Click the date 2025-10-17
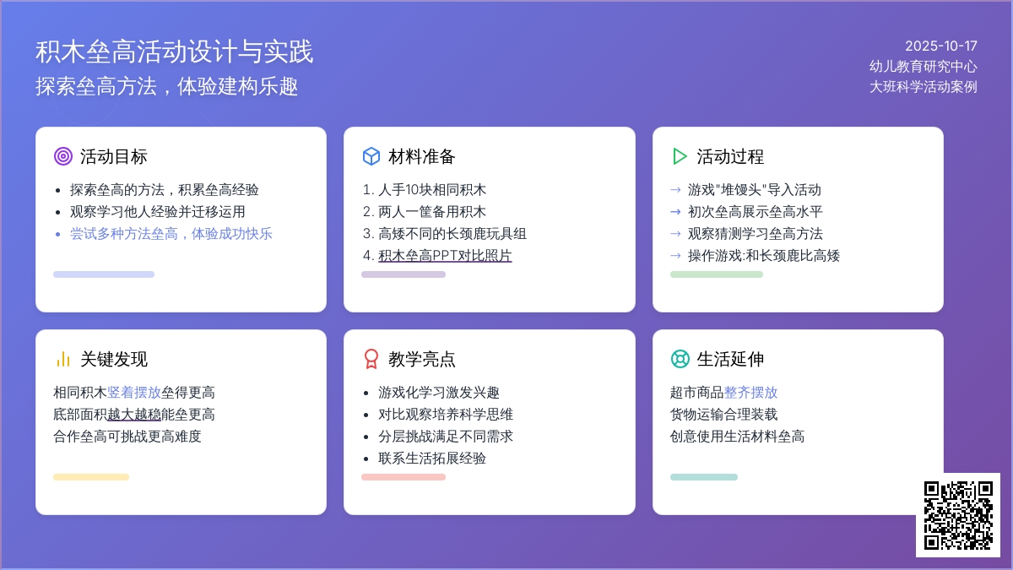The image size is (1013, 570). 940,46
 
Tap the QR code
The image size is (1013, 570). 958,515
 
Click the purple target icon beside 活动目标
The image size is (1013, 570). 62,156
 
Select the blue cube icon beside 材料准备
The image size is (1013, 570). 371,156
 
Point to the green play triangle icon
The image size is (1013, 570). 680,156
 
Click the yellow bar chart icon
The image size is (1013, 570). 62,359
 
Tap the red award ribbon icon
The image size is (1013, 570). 371,359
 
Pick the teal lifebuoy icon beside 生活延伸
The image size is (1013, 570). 680,359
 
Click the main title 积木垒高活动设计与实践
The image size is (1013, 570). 174,52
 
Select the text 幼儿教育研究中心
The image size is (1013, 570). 923,67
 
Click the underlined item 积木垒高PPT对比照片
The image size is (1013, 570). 445,256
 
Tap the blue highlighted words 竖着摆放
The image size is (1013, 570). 134,392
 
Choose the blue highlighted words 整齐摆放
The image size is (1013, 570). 750,392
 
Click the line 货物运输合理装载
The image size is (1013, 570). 723,415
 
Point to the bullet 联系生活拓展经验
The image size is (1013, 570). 432,459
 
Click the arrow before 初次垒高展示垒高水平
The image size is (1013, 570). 675,212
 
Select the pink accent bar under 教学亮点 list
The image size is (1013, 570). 404,477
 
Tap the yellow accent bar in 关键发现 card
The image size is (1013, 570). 91,477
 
